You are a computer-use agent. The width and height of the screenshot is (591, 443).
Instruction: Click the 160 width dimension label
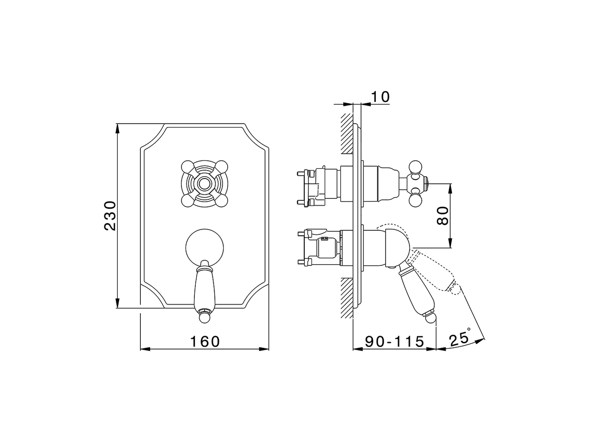click(x=205, y=341)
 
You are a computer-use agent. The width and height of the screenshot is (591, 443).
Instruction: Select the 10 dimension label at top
click(x=381, y=97)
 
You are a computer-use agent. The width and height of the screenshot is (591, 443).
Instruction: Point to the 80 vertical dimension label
click(x=443, y=216)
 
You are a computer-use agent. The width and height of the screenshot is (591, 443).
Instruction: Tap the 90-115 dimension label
click(x=394, y=341)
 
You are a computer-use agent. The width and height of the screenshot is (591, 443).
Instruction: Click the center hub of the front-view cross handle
click(x=204, y=184)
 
